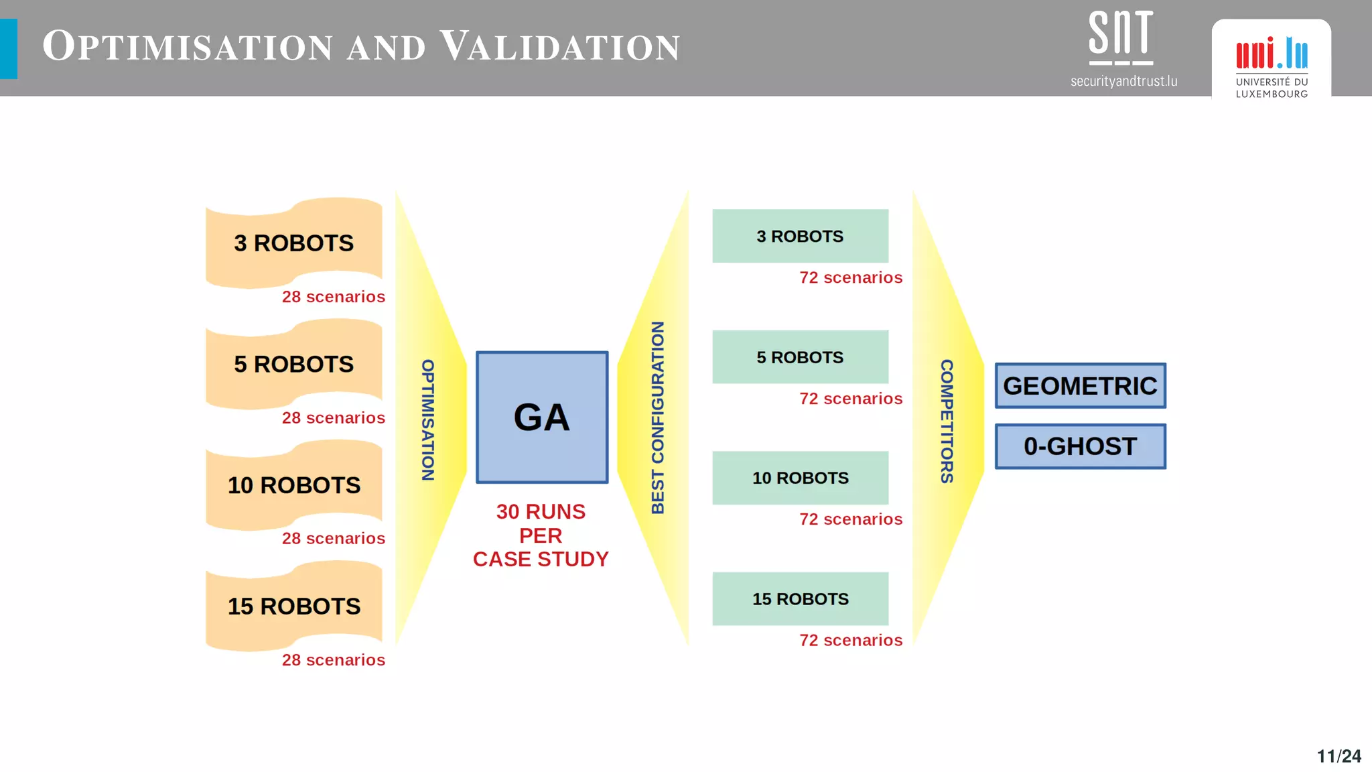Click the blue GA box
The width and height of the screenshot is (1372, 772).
(x=542, y=417)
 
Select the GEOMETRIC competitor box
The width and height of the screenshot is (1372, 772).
(x=1080, y=386)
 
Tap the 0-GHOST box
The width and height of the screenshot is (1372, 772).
(x=1080, y=446)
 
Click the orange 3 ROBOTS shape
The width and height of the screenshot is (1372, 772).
(x=293, y=243)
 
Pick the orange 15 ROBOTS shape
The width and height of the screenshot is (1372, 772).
(x=293, y=606)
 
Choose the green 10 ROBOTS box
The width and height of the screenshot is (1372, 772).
(x=800, y=478)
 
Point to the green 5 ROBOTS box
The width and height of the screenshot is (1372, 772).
(x=800, y=357)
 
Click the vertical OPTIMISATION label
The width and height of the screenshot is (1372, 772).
(x=428, y=420)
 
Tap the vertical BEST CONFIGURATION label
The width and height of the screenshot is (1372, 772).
(x=658, y=417)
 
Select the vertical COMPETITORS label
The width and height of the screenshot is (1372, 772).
(x=947, y=422)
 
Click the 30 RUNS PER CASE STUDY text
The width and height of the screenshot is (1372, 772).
(x=541, y=535)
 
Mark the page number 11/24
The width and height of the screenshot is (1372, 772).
(x=1339, y=756)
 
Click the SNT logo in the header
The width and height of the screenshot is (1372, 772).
(x=1121, y=38)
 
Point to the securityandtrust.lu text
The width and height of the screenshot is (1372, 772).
(x=1123, y=81)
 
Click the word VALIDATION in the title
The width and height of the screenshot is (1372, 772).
(x=560, y=47)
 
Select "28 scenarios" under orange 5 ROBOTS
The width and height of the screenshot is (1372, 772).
(x=333, y=418)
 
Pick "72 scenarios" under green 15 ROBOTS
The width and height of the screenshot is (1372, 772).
(x=851, y=641)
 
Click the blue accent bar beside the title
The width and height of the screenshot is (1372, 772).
(x=9, y=49)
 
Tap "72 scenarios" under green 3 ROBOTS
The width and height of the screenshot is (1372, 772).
(x=851, y=277)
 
